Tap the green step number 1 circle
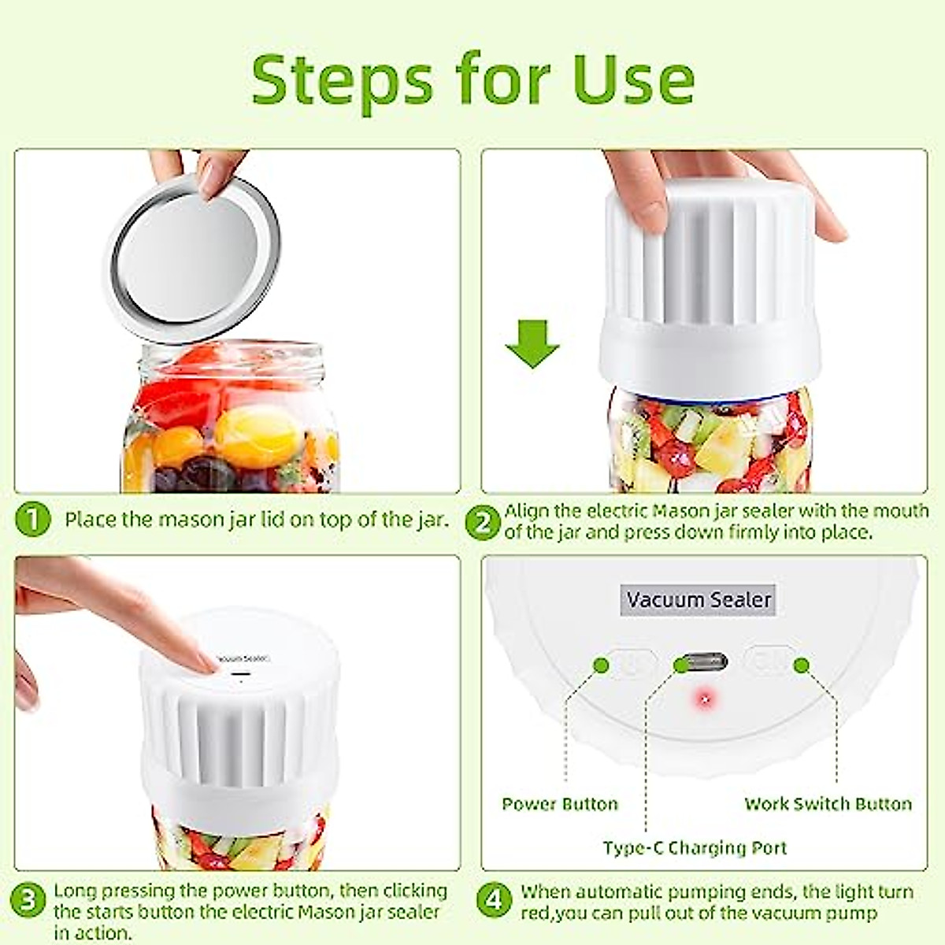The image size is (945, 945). click(x=32, y=521)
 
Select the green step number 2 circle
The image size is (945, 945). click(x=483, y=522)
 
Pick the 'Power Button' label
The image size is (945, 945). click(x=560, y=804)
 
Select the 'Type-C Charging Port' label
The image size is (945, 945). click(x=695, y=848)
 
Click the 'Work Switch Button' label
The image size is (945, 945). click(x=828, y=804)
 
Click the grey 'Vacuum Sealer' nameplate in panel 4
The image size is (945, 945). click(x=699, y=599)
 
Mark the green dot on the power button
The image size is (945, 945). click(x=602, y=665)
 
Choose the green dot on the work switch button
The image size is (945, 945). click(x=802, y=665)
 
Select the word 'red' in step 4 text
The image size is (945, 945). click(x=535, y=913)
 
